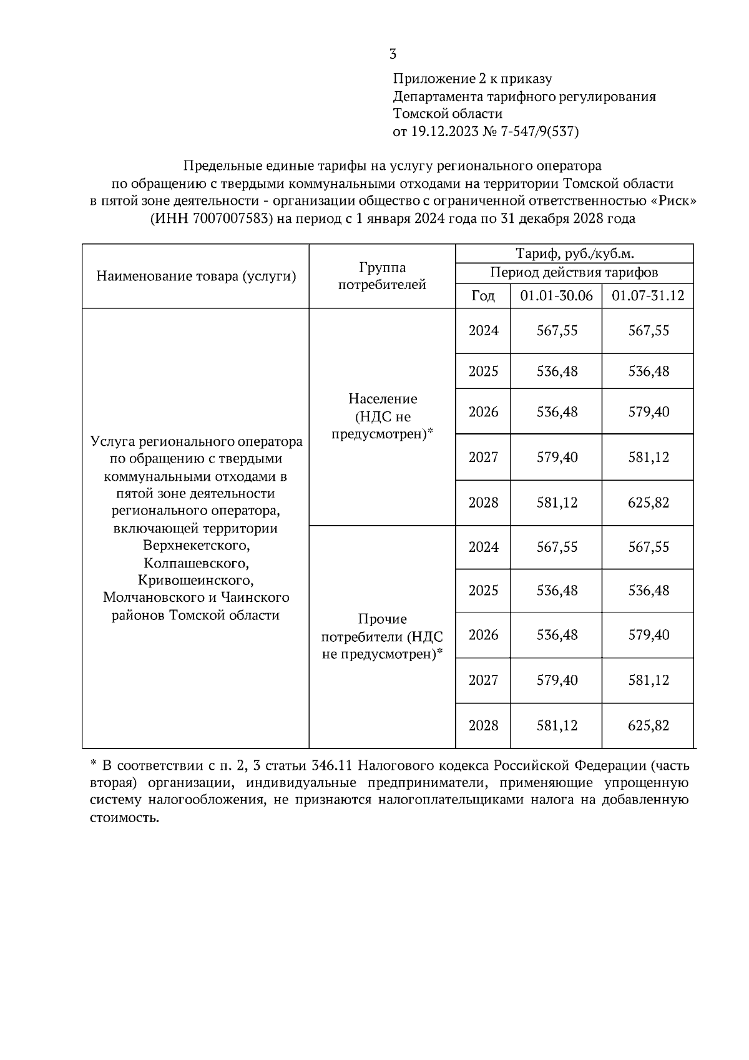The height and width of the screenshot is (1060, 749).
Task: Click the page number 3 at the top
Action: coord(393,54)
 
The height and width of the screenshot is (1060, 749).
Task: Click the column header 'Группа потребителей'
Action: coord(382,276)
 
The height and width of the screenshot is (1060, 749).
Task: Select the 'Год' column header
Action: coord(482,295)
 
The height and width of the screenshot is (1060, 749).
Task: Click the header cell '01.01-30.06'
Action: coord(556,295)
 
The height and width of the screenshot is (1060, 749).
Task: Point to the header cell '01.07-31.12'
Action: coord(648,295)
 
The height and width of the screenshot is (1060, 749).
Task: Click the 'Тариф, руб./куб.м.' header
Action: coord(574,253)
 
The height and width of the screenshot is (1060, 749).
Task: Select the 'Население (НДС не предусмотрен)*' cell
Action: coord(382,416)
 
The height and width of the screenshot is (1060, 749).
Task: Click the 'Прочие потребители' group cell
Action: coord(382,636)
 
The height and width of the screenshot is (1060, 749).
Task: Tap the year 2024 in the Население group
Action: coord(483,331)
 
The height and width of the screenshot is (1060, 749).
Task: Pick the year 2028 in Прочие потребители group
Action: coord(483,725)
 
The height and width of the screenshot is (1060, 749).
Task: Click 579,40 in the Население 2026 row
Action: coord(649,412)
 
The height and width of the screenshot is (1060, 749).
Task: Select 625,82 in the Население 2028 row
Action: coord(649,503)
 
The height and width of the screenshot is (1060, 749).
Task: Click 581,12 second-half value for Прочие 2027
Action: coord(649,680)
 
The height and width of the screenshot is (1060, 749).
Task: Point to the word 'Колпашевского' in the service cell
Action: coord(196,564)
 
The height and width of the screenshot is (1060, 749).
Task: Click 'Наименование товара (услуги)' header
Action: coord(196,276)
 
